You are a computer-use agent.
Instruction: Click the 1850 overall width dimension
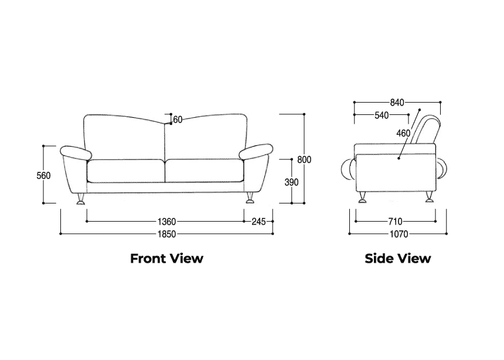coord(166,234)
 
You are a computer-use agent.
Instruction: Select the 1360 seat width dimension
coord(166,222)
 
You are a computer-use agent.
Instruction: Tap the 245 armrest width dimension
coord(258,222)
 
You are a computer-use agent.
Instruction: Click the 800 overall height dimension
coord(304,159)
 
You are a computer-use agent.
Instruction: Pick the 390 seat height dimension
coord(292,182)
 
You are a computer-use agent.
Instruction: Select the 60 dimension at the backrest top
coord(178,120)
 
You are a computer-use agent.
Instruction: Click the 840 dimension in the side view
coord(397,103)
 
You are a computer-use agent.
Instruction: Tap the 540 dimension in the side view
coord(382,115)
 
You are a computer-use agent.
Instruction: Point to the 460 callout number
coord(403,133)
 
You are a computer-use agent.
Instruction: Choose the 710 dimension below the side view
coord(395,222)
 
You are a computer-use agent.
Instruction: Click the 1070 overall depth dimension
coord(399,234)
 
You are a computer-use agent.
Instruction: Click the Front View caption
coord(166,258)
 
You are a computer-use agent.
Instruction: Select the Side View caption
coord(398,258)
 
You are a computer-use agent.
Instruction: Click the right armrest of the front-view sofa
coord(256,152)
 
